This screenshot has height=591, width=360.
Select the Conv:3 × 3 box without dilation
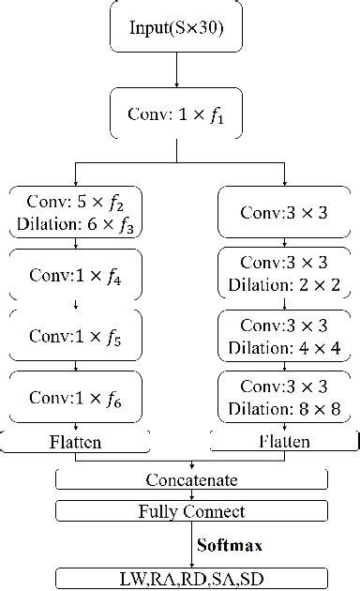[x=270, y=212]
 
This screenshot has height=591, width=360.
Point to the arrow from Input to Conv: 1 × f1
[x=176, y=70]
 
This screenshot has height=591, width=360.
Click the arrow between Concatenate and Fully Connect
[x=192, y=495]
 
